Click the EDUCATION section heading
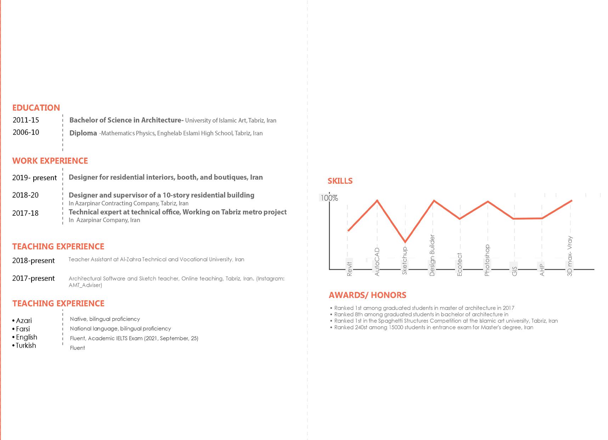[x=36, y=108]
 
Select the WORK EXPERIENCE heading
[x=50, y=161]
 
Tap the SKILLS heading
[x=340, y=181]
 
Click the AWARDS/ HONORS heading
[x=367, y=295]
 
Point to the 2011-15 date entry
[x=26, y=120]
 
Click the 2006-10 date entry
[x=26, y=132]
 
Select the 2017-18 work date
[x=25, y=213]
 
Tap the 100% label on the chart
[x=329, y=198]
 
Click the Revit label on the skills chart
[x=349, y=269]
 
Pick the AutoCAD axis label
[x=377, y=262]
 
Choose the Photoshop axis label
[x=487, y=260]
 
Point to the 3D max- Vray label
[x=570, y=256]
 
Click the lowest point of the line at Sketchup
[x=405, y=242]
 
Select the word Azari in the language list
[x=24, y=321]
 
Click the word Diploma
[x=83, y=133]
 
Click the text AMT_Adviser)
[x=85, y=285]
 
